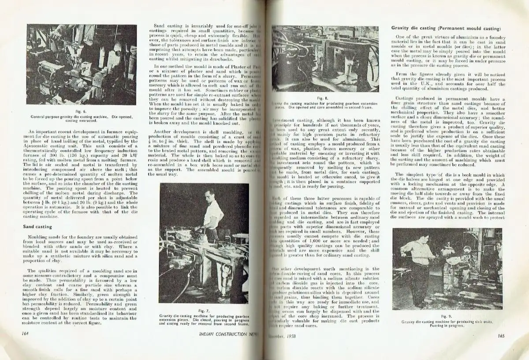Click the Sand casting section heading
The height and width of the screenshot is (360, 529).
tap(37, 227)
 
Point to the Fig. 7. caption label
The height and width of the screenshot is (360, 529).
tap(203, 311)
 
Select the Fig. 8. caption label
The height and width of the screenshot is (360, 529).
tap(323, 98)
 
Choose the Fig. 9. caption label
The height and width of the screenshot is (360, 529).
tap(447, 316)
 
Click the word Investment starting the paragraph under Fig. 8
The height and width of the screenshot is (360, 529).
tap(287, 120)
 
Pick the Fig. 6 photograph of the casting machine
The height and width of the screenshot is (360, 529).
tap(82, 64)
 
